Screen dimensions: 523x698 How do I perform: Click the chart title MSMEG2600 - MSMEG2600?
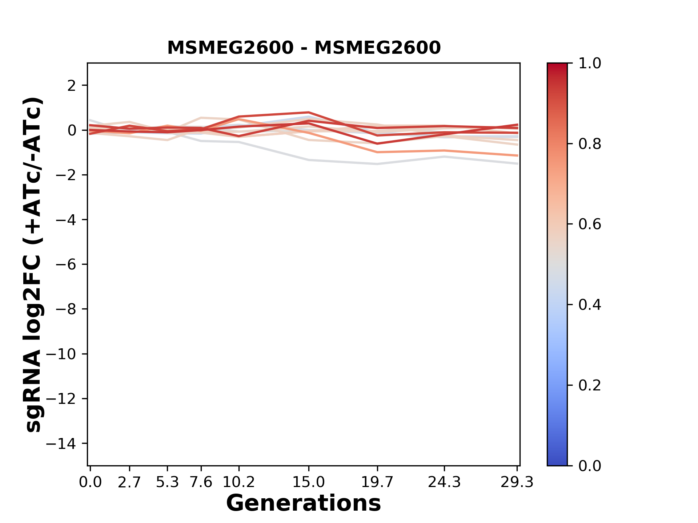[x=304, y=48]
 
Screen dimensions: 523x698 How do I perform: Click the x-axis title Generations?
[x=304, y=503]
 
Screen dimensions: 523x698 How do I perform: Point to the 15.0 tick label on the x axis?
[x=309, y=482]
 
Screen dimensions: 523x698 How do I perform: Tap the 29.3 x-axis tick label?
[x=517, y=482]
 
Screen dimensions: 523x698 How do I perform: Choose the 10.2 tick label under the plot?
[x=238, y=482]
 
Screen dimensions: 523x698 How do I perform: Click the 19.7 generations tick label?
[x=377, y=482]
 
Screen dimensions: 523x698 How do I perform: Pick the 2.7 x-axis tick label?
[x=129, y=482]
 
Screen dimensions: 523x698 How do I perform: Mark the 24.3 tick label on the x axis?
[x=444, y=482]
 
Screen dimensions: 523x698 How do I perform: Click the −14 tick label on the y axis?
[x=66, y=443]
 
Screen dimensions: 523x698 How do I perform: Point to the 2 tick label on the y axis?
[x=72, y=86]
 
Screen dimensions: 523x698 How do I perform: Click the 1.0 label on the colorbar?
[x=590, y=64]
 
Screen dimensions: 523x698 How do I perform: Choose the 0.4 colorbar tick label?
[x=590, y=305]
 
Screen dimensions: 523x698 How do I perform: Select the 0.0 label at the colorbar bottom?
[x=590, y=466]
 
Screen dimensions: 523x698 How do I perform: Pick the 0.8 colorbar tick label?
[x=590, y=144]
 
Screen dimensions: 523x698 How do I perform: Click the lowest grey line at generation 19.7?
[x=377, y=164]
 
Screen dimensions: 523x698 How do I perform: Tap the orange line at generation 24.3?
[x=444, y=150]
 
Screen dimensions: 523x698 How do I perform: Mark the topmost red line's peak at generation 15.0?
[x=309, y=113]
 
